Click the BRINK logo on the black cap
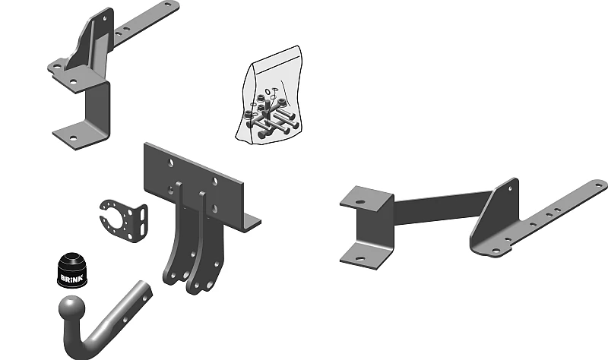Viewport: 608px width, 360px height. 71,278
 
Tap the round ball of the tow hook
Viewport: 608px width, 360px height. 71,309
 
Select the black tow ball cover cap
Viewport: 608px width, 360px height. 72,270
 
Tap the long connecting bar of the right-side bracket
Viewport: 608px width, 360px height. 442,207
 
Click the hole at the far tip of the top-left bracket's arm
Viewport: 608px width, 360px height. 168,5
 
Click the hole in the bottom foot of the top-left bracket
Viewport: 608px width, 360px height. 73,137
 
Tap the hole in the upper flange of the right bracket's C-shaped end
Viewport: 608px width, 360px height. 360,202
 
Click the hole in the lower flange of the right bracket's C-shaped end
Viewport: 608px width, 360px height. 360,258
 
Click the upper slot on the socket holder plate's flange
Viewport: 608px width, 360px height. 144,213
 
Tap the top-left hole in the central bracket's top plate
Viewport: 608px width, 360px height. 171,163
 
